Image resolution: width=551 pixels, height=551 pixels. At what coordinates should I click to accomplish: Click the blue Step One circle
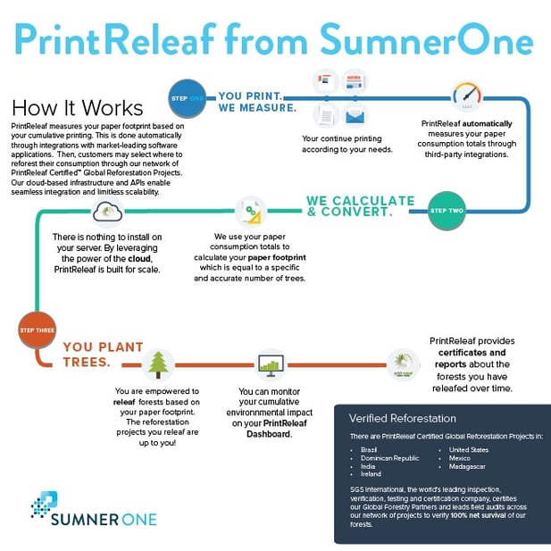187,98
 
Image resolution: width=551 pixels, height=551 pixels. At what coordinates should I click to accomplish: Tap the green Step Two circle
447,211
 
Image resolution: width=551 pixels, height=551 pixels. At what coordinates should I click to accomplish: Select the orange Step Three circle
37,330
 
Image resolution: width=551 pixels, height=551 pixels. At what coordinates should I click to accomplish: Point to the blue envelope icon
355,116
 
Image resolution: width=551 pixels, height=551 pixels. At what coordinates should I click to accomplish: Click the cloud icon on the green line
107,212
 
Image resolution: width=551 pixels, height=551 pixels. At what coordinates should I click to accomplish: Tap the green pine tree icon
158,364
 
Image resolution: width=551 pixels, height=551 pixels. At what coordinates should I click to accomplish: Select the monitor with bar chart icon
271,365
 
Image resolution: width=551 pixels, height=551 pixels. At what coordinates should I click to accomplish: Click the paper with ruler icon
251,212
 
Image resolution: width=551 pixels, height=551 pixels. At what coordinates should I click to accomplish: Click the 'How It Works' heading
78,107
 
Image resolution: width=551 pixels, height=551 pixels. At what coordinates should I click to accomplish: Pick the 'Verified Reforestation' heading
403,418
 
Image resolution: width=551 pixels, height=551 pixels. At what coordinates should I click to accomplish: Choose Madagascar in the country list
467,467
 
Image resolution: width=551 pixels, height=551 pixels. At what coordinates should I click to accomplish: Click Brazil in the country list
369,450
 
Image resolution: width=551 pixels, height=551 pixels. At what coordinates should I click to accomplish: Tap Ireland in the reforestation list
371,474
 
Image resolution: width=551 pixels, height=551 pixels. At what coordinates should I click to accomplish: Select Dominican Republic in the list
389,458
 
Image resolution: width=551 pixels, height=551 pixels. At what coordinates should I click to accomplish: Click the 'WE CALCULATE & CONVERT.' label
361,206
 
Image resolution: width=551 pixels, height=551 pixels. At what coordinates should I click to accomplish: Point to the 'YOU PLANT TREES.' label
103,355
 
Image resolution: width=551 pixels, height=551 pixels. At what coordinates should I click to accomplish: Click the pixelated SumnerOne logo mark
45,505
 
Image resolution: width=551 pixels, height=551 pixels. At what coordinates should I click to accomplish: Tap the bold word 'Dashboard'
269,434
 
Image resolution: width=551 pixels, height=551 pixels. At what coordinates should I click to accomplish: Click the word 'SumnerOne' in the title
427,39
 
